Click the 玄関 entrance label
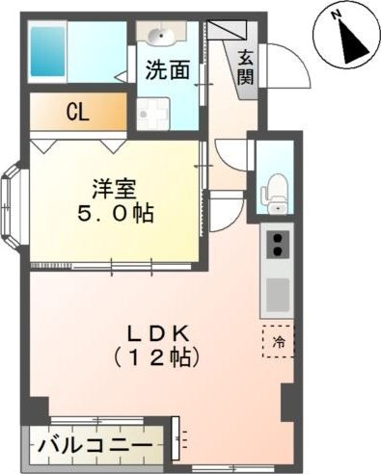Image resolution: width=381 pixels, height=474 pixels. pos(246,67)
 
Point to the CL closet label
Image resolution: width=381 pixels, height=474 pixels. pos(77,112)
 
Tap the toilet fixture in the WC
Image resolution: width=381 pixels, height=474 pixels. pos(277,186)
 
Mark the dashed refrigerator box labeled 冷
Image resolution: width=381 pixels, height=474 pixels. pos(279,341)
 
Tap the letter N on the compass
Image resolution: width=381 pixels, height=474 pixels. pos(337,15)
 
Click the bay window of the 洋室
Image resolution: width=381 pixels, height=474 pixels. pos(16,204)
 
